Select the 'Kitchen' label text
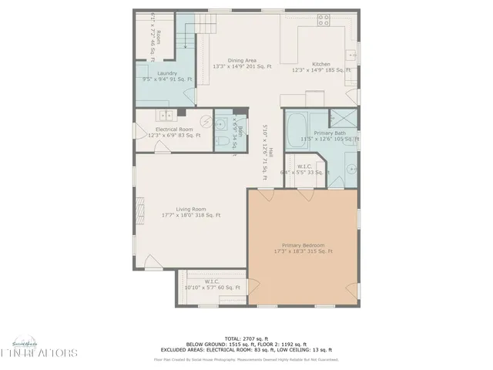321,65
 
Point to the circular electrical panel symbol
206,120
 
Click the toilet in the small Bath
220,140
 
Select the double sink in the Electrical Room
166,116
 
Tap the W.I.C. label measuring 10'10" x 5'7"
212,284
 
